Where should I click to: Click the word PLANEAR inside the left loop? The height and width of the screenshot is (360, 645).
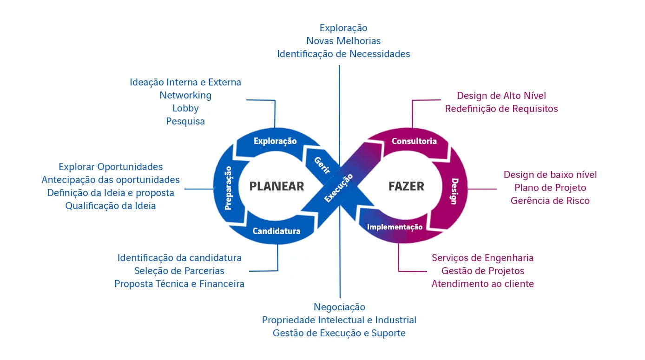[x=276, y=186]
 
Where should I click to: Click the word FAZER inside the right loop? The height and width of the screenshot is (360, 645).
[x=406, y=186]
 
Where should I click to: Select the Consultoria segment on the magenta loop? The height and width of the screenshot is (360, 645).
[x=414, y=141]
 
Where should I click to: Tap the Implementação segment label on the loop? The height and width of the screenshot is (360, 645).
[x=395, y=227]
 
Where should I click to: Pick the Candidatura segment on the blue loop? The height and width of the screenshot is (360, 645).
[x=276, y=231]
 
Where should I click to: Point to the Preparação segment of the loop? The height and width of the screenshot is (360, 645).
[x=228, y=188]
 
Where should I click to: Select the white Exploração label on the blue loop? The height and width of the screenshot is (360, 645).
[x=275, y=141]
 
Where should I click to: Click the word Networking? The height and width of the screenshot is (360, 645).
[x=185, y=95]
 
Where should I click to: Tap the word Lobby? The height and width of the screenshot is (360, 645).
[x=185, y=108]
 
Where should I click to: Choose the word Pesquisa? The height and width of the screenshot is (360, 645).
[x=185, y=121]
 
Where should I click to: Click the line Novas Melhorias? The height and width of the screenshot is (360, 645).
[x=343, y=41]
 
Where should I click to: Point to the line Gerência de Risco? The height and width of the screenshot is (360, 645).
[x=550, y=201]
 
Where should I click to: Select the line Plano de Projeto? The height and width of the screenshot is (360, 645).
[x=550, y=188]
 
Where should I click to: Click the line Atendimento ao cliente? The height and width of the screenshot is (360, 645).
[x=482, y=283]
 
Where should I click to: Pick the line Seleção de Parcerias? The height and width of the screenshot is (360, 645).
[x=179, y=270]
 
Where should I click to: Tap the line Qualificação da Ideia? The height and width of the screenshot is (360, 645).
[x=111, y=206]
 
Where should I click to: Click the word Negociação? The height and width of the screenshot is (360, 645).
[x=339, y=307]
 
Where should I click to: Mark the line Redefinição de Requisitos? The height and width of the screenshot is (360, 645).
[x=501, y=109]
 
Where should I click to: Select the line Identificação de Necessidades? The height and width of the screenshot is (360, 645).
[x=343, y=54]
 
